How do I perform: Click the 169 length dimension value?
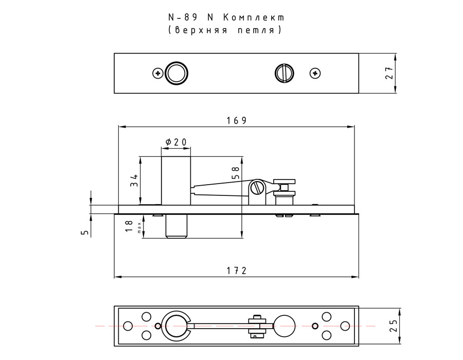237,120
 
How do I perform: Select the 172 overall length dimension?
237,271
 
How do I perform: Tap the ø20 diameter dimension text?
176,142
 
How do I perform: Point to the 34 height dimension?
134,181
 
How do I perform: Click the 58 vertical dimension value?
235,173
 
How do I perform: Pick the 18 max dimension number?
129,226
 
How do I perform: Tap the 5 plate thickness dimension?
85,232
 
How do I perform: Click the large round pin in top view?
176,74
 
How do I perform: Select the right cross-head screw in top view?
315,74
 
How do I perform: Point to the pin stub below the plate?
176,226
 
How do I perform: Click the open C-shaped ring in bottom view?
176,325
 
